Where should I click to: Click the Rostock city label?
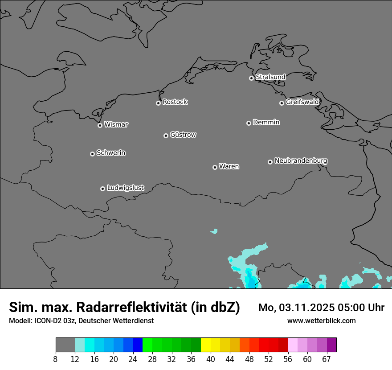click(x=175, y=102)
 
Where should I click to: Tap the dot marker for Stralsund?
click(x=251, y=78)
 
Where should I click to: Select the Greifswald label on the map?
click(x=302, y=102)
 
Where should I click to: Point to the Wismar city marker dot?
click(x=100, y=125)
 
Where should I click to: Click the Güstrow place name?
click(x=183, y=135)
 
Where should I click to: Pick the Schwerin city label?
click(x=111, y=153)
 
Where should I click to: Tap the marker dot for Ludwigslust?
click(x=102, y=189)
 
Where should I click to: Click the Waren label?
click(x=229, y=167)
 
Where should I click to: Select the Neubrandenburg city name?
click(x=301, y=160)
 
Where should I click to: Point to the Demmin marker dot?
click(x=249, y=123)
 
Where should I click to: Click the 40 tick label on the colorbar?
click(x=211, y=360)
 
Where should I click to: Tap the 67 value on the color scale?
click(x=327, y=360)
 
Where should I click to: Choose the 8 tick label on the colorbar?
click(x=56, y=360)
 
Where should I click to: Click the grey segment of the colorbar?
click(x=65, y=345)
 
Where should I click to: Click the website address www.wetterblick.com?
click(x=321, y=321)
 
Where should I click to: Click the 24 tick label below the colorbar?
click(x=133, y=360)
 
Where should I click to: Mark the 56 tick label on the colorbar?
click(x=288, y=360)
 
